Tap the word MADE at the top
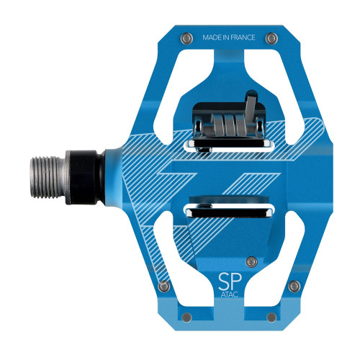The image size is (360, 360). pyautogui.click(x=213, y=37)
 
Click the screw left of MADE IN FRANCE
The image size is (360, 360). pyautogui.click(x=187, y=37)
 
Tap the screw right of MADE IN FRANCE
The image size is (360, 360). pyautogui.click(x=272, y=37)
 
